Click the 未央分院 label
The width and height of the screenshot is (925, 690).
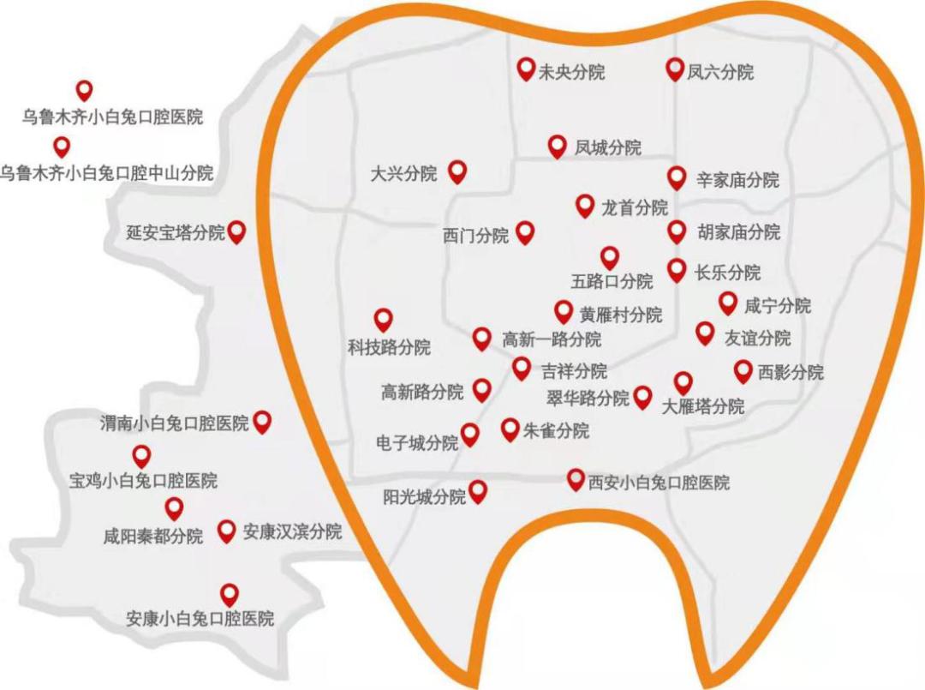coord(571,72)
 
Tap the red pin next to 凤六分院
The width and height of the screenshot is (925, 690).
coord(674,69)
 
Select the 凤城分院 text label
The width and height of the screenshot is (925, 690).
coord(608,148)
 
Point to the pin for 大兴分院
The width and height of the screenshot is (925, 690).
coord(458,171)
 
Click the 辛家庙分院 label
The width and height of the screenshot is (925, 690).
coord(738,180)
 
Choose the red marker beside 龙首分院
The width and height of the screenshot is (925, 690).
coord(585,204)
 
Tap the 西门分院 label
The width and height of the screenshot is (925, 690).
coord(475,236)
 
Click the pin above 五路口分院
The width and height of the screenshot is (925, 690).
coord(610,256)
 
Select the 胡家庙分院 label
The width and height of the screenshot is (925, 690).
coord(739,232)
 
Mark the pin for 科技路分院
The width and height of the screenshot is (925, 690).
coord(383,319)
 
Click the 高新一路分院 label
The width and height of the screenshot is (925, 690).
coord(552,340)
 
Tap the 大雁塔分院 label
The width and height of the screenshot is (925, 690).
coord(704,406)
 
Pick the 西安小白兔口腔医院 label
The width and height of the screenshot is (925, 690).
coord(659,483)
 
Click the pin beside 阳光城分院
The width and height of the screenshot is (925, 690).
coord(478,490)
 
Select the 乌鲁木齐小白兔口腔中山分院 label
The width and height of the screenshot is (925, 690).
coord(107,172)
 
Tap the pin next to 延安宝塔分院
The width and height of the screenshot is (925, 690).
coord(237,230)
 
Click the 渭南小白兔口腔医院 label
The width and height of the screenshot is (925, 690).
coord(174,423)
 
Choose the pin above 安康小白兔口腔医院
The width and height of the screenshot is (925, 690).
coord(229,592)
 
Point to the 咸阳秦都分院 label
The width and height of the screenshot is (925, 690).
coord(153,537)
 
